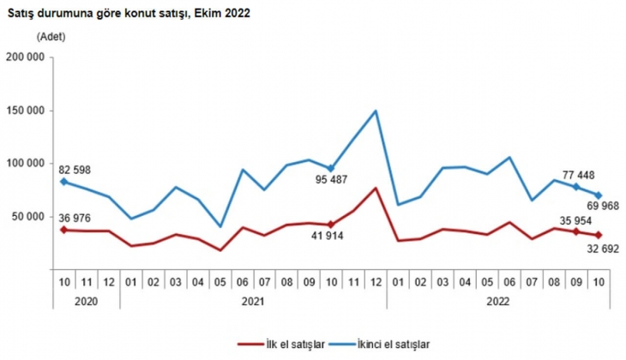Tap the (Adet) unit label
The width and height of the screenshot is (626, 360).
[51, 36]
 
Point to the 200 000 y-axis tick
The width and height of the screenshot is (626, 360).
[26, 58]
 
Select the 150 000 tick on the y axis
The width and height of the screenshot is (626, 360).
[26, 111]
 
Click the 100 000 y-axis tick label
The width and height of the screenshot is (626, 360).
[26, 164]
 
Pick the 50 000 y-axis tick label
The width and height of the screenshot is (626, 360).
[28, 217]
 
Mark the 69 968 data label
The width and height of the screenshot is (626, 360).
[602, 205]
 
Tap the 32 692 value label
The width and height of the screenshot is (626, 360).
[602, 251]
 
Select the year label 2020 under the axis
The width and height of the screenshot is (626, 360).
[86, 302]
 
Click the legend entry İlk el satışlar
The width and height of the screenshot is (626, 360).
[292, 344]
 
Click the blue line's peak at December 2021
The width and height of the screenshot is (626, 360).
[376, 111]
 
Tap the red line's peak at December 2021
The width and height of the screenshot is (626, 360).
[376, 188]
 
